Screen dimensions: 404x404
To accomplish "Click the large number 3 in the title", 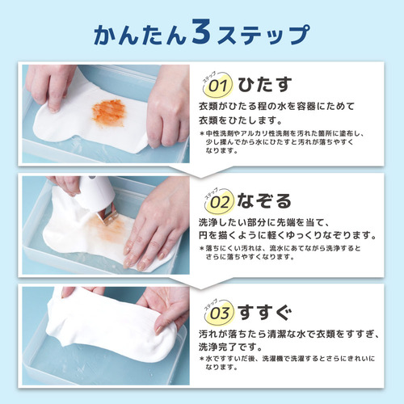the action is coord(202,31).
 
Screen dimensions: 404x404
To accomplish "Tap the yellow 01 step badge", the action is coord(218,86).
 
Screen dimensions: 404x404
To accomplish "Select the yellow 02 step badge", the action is coord(220,201).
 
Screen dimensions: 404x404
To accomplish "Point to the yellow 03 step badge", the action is coord(220,313).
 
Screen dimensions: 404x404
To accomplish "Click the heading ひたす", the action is coord(265,84).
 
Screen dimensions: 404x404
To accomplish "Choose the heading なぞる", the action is coord(264,201).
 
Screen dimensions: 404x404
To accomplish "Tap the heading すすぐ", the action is coord(265,313).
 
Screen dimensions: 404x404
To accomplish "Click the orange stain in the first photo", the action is coord(109,112).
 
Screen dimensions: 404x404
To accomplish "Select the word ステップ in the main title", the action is coord(263,35).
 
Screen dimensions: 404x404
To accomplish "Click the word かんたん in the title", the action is coord(140,35).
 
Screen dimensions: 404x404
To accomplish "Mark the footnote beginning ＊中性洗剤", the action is coord(282,141).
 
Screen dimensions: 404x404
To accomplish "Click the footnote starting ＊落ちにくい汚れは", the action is coord(280,252).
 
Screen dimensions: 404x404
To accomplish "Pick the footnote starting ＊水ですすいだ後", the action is coord(287,363).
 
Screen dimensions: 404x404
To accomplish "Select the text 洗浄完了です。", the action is coord(230,347).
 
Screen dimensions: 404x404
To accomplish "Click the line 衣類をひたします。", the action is coord(241,120).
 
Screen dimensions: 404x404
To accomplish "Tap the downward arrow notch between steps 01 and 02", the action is coord(200,172).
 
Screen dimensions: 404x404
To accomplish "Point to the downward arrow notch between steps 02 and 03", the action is coord(200,284).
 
